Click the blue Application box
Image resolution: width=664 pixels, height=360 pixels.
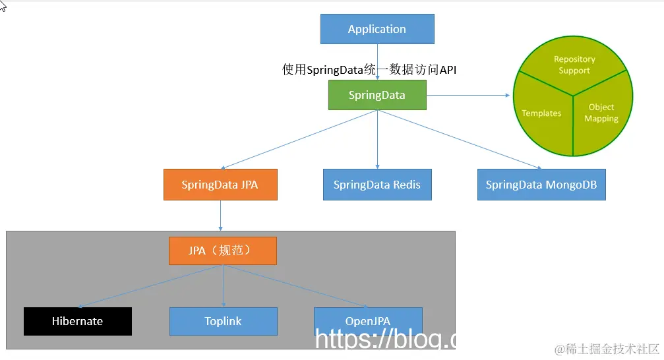(x=377, y=29)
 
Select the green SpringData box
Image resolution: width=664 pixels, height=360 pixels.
(x=377, y=95)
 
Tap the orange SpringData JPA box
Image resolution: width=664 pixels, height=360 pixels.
(x=220, y=185)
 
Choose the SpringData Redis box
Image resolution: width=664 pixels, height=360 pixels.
(x=377, y=185)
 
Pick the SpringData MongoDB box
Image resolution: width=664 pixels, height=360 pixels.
(x=541, y=185)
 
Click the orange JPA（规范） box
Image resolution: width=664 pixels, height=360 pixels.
(x=223, y=251)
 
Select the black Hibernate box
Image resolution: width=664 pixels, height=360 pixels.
(x=78, y=321)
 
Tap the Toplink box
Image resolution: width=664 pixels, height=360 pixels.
(x=223, y=321)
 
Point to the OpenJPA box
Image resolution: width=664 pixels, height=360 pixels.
(x=368, y=320)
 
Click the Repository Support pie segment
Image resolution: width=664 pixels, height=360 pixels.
(x=574, y=65)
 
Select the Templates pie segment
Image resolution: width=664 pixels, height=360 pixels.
(x=541, y=113)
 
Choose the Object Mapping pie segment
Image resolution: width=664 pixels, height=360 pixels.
(x=601, y=113)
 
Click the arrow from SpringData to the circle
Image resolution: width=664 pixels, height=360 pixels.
(x=468, y=95)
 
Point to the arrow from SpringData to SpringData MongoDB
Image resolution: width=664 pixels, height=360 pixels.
(x=462, y=139)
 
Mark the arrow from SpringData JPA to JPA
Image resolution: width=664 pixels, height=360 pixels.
(x=220, y=216)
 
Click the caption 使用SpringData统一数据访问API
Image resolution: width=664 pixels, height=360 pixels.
(x=369, y=70)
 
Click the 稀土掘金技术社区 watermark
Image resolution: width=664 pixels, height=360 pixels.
(x=607, y=349)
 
